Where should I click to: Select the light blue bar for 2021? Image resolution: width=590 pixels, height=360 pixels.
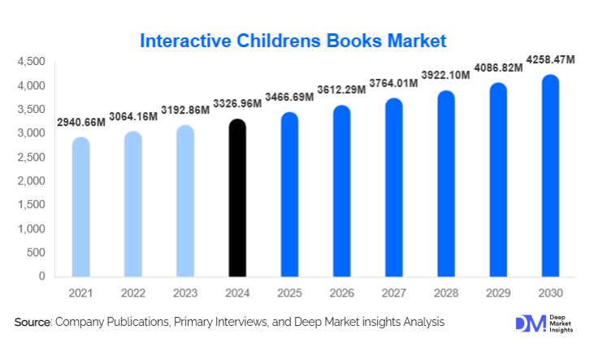tap(81, 206)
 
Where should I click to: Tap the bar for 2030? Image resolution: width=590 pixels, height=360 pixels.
tap(550, 176)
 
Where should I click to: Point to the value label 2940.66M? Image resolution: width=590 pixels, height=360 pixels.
tap(81, 123)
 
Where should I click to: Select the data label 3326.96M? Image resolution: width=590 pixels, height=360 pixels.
tap(236, 105)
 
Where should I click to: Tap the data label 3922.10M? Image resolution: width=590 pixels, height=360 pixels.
tap(445, 76)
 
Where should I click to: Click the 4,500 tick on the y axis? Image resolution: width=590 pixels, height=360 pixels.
tap(30, 62)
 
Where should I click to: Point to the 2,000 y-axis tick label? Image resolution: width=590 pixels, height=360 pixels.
tap(30, 181)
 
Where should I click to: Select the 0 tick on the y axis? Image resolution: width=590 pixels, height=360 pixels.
tap(41, 276)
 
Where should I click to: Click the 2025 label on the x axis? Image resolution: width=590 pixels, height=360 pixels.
tap(289, 293)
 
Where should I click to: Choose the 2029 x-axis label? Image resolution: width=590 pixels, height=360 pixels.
tap(498, 293)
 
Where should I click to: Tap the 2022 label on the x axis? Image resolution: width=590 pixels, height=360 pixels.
tap(132, 293)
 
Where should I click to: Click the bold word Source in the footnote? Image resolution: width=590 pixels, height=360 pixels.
tap(33, 323)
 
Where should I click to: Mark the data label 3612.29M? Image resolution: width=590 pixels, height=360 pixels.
tap(341, 91)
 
